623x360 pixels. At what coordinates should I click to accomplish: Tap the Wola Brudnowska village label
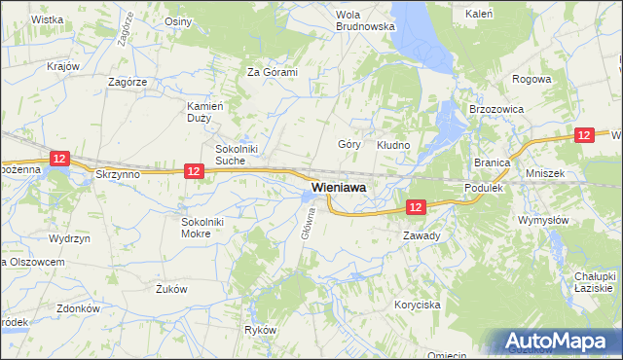click(365, 20)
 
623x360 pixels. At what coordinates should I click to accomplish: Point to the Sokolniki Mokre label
click(202, 228)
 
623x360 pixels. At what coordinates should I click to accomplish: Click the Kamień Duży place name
click(206, 111)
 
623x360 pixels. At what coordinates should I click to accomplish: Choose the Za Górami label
click(272, 72)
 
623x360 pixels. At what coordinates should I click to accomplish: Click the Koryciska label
click(418, 305)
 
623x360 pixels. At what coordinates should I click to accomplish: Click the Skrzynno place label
click(119, 173)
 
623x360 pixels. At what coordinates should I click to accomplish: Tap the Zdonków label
click(79, 308)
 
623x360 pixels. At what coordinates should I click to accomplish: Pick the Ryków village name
click(261, 331)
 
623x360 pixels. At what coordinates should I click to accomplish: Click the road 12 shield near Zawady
click(416, 207)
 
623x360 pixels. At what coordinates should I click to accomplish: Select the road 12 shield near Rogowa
click(584, 137)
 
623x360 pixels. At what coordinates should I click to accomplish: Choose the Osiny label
click(178, 21)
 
